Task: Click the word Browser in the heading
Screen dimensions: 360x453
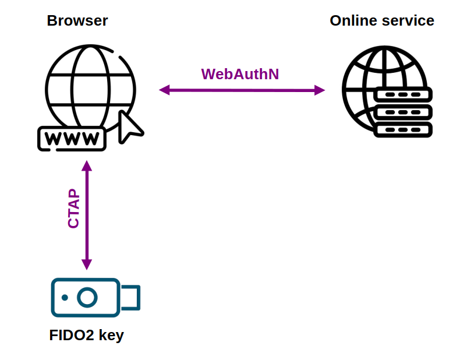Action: pos(77,21)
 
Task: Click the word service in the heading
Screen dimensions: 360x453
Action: pos(408,21)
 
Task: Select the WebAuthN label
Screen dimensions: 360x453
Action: pos(240,74)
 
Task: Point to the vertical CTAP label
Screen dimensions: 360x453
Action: pos(73,209)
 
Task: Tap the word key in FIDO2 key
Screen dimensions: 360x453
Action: pos(111,336)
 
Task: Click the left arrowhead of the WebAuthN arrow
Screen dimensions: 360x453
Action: pos(164,90)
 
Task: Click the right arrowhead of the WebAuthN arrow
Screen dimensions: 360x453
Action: pos(319,90)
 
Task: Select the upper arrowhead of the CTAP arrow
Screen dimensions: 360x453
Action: pos(87,165)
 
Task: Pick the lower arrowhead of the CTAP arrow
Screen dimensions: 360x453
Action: pos(87,264)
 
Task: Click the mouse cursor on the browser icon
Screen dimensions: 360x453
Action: pos(129,126)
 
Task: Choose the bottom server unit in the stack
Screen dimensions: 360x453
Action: pos(403,129)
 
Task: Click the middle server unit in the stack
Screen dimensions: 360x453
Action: pos(403,112)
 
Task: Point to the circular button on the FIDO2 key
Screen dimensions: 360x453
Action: pos(87,298)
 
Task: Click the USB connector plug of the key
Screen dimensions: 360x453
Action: pos(130,298)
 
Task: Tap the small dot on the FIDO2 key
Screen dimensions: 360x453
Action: pos(65,298)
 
